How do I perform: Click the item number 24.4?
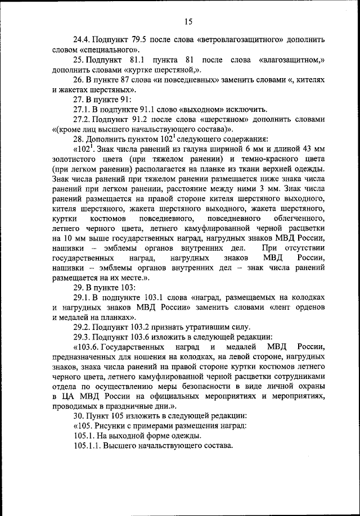[x=83, y=40]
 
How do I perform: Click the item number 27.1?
[x=83, y=109]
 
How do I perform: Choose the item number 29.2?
[x=83, y=326]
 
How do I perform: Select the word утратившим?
[x=210, y=326]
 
